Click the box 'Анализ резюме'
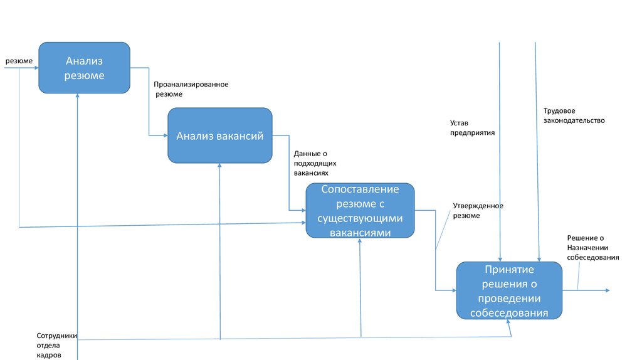(84, 68)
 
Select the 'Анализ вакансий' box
(219, 135)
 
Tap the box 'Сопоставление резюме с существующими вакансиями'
(360, 210)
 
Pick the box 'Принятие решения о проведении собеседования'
(509, 291)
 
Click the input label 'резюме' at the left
(19, 61)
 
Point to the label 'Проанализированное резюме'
(191, 89)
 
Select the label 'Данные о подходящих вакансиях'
(311, 162)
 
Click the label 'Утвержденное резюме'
(478, 211)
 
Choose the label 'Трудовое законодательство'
(574, 115)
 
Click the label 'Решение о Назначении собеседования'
(593, 248)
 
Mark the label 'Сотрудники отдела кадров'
(56, 345)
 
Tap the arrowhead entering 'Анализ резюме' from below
(78, 95)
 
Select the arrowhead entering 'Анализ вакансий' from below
(220, 166)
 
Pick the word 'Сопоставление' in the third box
(360, 189)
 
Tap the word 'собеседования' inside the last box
(509, 313)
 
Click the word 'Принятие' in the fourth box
(509, 270)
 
